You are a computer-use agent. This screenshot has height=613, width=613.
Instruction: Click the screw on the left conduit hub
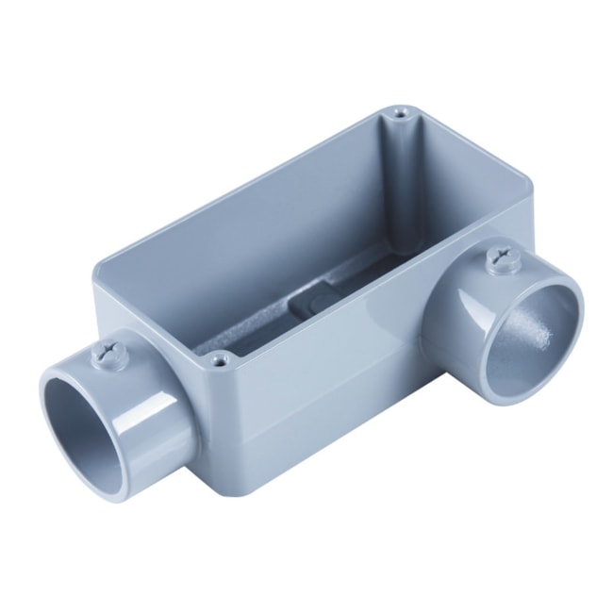[106, 355]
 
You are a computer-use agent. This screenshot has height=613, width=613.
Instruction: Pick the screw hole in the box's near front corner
[220, 358]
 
